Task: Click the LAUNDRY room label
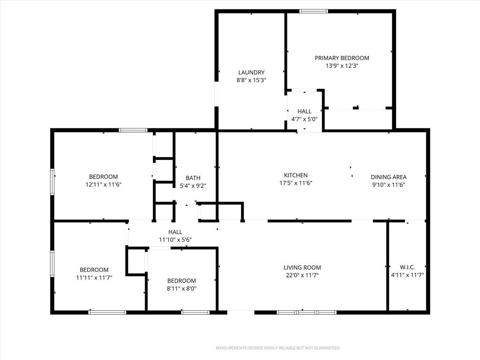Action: pos(251,73)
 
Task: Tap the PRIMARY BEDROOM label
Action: pos(342,58)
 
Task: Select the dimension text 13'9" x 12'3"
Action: pos(342,66)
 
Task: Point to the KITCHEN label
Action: pos(296,175)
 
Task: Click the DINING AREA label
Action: pos(389,177)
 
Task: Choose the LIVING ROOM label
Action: pos(302,268)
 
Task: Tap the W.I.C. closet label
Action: pos(407,267)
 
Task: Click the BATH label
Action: pos(193,178)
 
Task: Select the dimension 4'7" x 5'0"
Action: pos(304,120)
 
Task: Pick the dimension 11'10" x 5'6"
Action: pos(175,240)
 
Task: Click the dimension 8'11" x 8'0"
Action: pos(181,288)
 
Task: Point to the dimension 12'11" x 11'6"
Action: pos(104,185)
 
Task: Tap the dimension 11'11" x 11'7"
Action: pos(94,277)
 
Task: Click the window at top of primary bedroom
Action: pos(314,11)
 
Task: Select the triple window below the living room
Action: pos(307,313)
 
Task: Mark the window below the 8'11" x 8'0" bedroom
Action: pos(195,313)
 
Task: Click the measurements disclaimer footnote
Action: pos(278,348)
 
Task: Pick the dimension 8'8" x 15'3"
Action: pos(251,80)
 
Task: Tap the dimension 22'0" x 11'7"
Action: pos(302,275)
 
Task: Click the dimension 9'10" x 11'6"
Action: pos(389,185)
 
